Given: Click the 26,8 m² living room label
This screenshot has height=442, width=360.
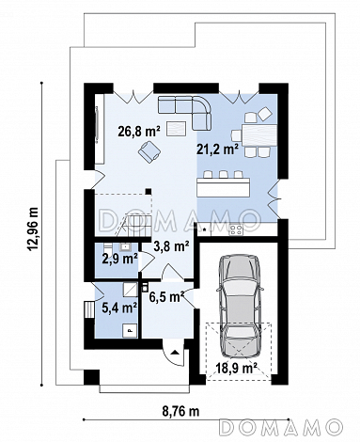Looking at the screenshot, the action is coord(139,132).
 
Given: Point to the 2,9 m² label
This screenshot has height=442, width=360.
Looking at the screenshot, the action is coord(119,259).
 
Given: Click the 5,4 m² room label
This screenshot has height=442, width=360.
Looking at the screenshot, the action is coord(119,308).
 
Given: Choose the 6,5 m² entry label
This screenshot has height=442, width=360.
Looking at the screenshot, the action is coord(166,297).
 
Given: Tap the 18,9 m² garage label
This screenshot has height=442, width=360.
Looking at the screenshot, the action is coord(237,368).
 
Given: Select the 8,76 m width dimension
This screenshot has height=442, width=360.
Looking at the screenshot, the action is coord(180,411).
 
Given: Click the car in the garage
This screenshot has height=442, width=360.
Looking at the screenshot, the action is coord(241,305).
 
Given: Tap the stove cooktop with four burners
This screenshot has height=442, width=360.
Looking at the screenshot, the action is coord(236,230).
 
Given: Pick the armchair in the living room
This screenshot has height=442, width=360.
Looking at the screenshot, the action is coord(149,151).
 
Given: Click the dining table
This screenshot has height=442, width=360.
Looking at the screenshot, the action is coord(259,135).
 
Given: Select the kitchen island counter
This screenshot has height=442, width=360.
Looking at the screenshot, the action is coord(224,187).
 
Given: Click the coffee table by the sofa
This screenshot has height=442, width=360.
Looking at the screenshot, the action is coord(177,128).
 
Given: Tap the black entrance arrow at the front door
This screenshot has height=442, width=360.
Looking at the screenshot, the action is coord(175,352).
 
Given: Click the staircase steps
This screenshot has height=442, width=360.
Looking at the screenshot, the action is coord(134,222).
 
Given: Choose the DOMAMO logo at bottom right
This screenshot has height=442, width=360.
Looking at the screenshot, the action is coord(280,428).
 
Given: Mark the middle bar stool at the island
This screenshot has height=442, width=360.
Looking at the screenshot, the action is coord(223,174).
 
